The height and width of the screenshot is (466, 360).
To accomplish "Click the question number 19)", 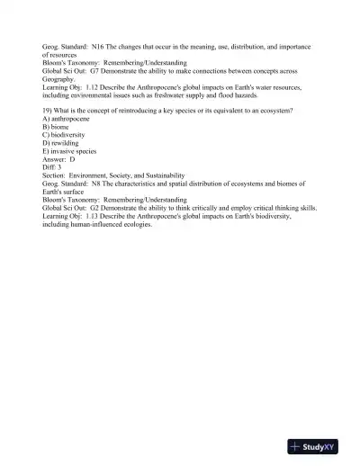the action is (x=49, y=110).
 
